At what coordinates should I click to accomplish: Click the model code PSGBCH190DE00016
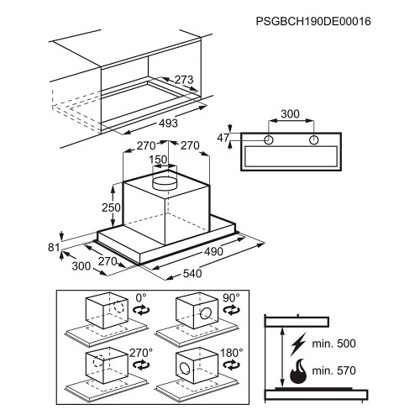click(313, 21)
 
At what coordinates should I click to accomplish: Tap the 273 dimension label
click(184, 80)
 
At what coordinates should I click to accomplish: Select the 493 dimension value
click(168, 123)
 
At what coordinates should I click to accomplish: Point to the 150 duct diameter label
click(158, 160)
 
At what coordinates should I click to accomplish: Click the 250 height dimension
click(111, 207)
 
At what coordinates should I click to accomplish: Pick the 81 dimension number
click(54, 248)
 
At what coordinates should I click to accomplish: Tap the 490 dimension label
click(213, 251)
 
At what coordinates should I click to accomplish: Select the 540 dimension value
click(192, 273)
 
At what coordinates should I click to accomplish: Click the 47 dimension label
click(223, 138)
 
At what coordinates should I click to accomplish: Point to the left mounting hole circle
click(269, 139)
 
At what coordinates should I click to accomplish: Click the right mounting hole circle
click(314, 139)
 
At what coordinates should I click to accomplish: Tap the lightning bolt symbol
click(298, 344)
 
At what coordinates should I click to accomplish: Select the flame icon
click(298, 370)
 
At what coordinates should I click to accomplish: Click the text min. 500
click(333, 344)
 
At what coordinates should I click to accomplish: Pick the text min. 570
click(333, 370)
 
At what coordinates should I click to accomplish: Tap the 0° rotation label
click(141, 297)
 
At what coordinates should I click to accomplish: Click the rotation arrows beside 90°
click(231, 310)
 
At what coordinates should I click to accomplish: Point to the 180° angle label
click(232, 353)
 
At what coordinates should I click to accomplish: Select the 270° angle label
click(141, 353)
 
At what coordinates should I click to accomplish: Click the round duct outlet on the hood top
click(165, 183)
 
